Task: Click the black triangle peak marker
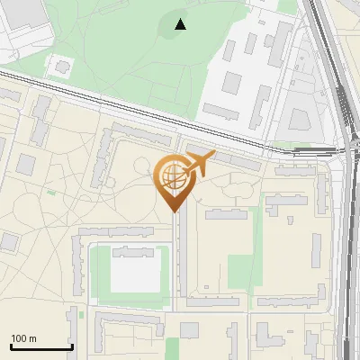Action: click(x=181, y=24)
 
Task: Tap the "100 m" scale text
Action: click(x=23, y=338)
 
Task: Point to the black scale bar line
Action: click(x=41, y=346)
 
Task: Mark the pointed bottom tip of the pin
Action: click(x=173, y=211)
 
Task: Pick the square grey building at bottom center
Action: click(x=189, y=330)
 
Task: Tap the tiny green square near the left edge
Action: click(x=52, y=192)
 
